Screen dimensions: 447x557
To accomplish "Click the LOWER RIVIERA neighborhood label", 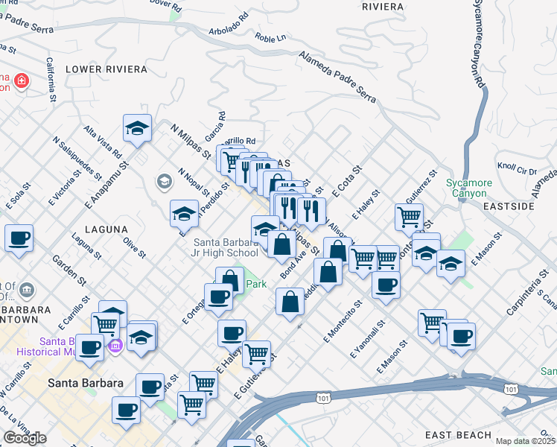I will pyautogui.click(x=106, y=69).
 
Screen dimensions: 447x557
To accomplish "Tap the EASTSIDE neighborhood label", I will pyautogui.click(x=509, y=206).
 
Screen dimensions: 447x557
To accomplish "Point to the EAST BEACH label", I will pyautogui.click(x=458, y=435).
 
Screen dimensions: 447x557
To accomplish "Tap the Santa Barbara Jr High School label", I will pyautogui.click(x=226, y=247).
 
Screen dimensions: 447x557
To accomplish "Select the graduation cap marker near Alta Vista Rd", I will pyautogui.click(x=138, y=129).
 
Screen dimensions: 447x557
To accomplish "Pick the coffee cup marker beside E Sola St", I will pyautogui.click(x=19, y=238).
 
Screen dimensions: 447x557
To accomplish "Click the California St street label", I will pyautogui.click(x=51, y=80).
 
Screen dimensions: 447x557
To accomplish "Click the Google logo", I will pyautogui.click(x=25, y=438).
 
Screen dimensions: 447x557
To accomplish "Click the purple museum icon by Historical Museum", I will pyautogui.click(x=115, y=346).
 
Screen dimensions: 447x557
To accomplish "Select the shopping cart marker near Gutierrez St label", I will pyautogui.click(x=409, y=218).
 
